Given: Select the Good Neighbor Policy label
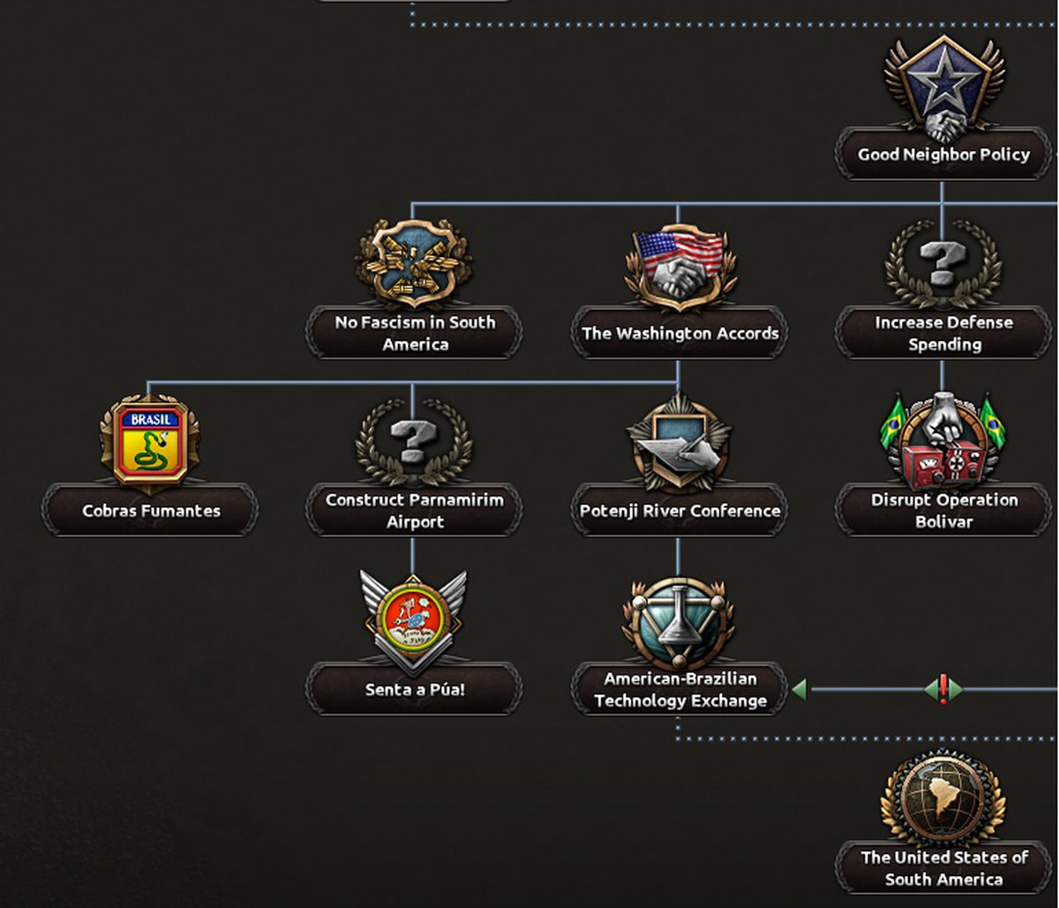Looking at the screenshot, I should [943, 155].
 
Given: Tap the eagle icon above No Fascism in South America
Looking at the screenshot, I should [413, 262].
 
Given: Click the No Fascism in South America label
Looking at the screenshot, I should [414, 333].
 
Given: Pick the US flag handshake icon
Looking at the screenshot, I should [679, 264].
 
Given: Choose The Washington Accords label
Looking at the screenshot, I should [680, 333].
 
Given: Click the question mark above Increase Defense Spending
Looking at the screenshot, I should [943, 262].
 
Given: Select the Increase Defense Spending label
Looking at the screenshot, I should [943, 333].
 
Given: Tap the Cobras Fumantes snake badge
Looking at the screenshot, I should [149, 442].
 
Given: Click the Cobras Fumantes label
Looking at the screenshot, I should [151, 511].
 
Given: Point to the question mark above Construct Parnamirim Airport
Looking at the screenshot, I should [413, 441].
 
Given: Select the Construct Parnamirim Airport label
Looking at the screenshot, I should [414, 511].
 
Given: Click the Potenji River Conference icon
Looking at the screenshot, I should [679, 442].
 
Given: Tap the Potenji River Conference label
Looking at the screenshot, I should [680, 511].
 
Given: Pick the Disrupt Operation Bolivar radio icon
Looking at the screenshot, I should [943, 442].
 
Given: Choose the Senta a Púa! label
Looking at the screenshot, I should [414, 690].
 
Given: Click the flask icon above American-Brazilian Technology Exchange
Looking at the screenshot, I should [678, 622].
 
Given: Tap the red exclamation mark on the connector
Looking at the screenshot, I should [943, 688].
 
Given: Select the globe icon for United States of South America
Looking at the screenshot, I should [943, 799].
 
